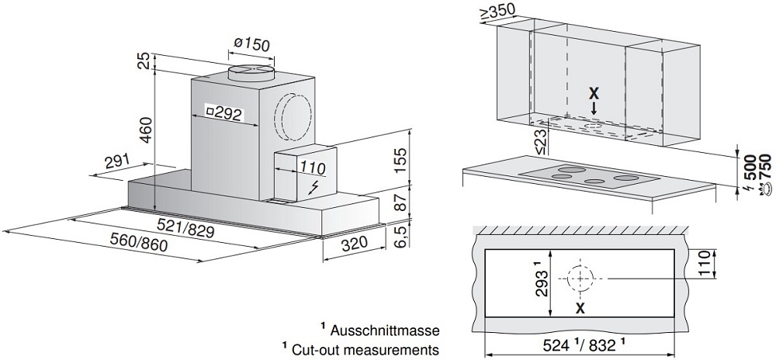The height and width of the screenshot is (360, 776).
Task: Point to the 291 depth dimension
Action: [x=116, y=161]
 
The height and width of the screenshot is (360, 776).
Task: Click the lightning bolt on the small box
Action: [x=313, y=187]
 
